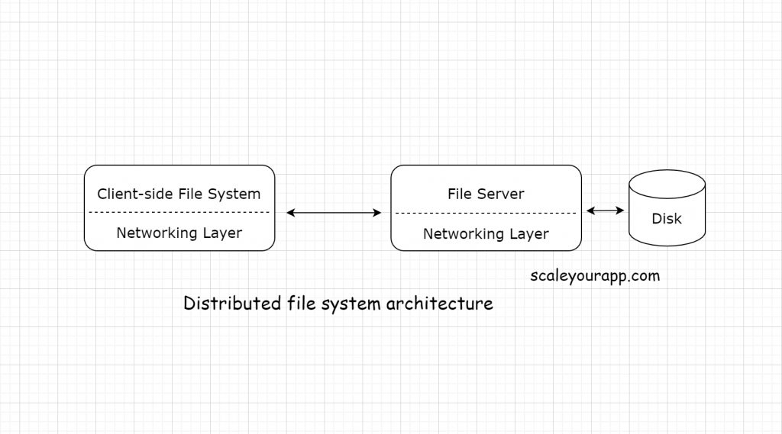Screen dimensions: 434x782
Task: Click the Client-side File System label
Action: (179, 194)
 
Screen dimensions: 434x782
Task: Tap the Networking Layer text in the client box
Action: (179, 233)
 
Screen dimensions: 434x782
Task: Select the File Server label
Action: (486, 194)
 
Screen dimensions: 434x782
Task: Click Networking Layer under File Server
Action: (486, 233)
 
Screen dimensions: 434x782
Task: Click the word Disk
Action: (666, 219)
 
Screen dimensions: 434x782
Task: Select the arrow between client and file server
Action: (334, 213)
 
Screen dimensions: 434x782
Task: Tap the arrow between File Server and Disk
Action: (605, 211)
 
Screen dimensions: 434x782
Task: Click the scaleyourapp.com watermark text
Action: (595, 276)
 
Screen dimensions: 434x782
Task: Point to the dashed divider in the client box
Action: (179, 212)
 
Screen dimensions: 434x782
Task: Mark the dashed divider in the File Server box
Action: (486, 213)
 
